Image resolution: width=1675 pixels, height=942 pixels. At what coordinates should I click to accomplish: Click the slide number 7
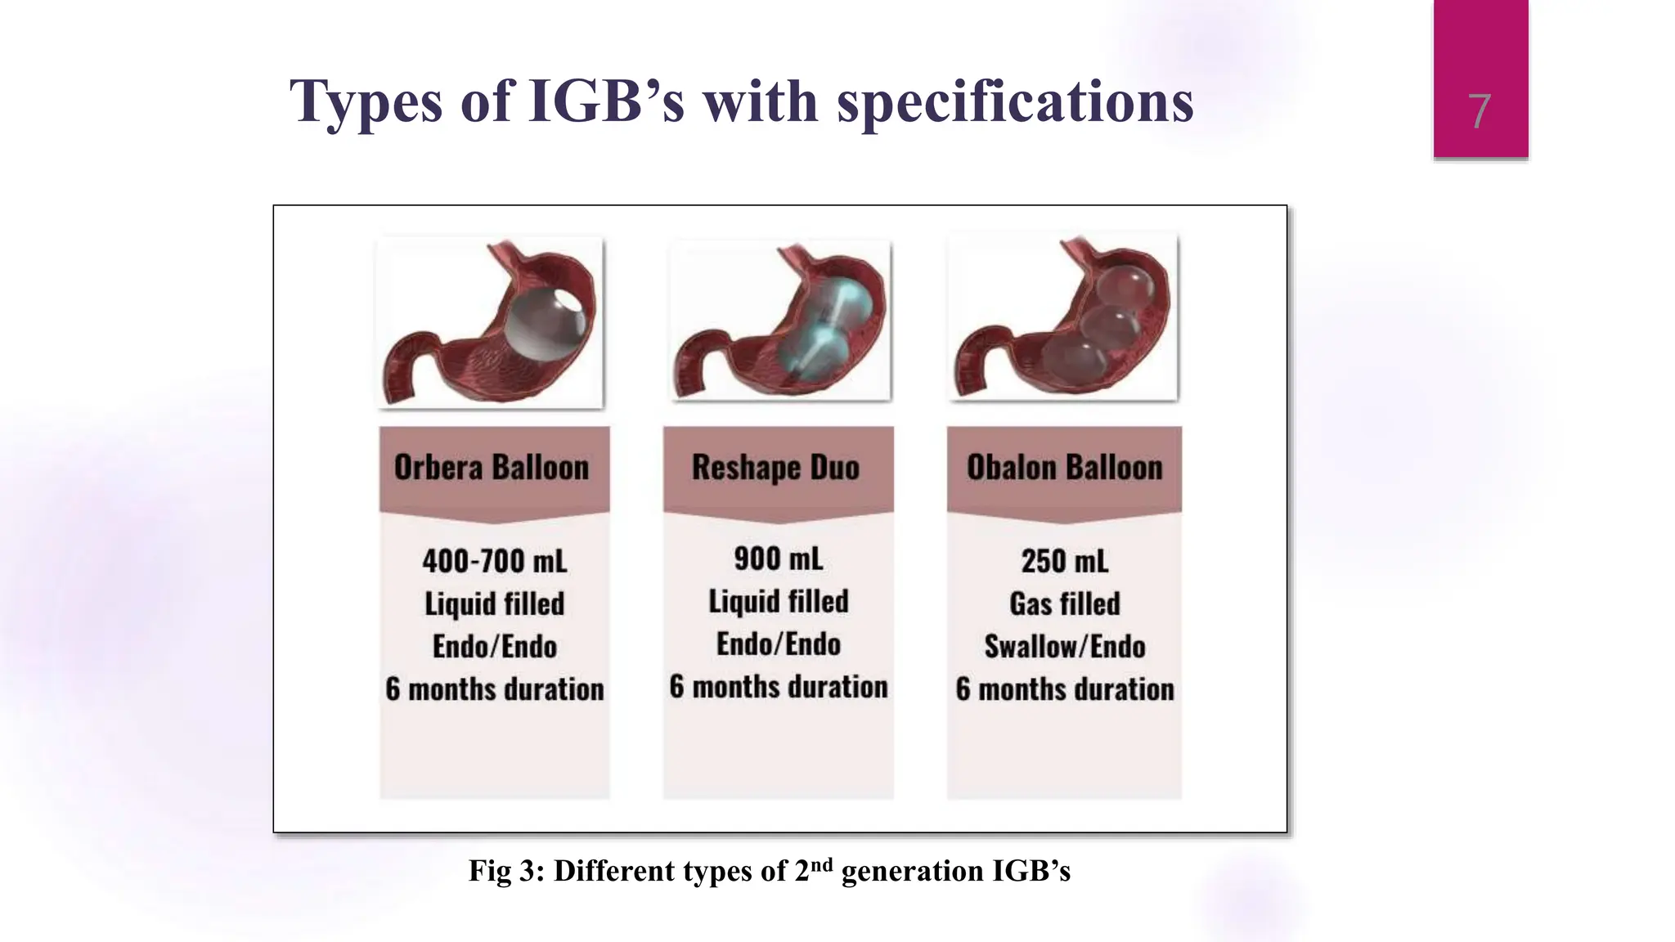1479,111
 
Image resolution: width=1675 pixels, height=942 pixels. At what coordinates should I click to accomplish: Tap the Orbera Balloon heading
492,468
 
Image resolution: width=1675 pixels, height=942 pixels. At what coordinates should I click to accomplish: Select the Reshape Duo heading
776,468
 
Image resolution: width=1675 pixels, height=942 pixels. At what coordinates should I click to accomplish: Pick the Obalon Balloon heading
1064,468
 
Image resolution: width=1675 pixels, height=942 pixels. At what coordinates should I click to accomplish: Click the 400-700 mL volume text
494,562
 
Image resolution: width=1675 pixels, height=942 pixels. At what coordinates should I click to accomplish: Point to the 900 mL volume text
778,559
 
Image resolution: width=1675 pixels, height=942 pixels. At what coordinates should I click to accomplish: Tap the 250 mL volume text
1064,562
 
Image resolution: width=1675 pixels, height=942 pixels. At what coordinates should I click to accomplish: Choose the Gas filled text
1064,604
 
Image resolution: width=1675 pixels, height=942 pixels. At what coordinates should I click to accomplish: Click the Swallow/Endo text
1064,647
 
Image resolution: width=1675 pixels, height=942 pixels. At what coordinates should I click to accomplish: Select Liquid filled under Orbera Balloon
494,604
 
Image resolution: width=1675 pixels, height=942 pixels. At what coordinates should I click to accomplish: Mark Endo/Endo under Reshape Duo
778,644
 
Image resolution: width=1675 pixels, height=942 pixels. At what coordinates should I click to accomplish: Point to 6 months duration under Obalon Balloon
1064,689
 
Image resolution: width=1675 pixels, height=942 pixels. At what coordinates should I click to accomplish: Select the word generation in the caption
912,872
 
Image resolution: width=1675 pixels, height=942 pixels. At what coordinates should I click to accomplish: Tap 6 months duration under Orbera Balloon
494,689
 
